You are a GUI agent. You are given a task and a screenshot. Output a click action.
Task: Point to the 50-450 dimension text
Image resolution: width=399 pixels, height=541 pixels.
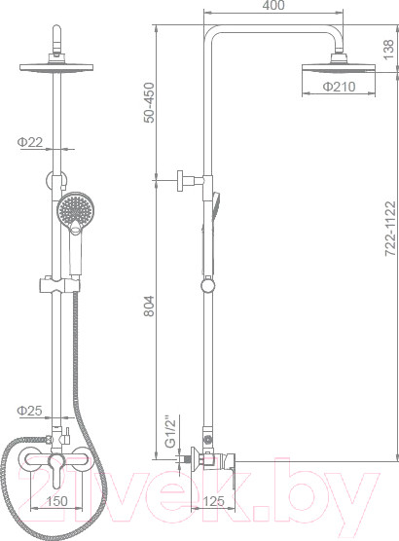click(x=149, y=100)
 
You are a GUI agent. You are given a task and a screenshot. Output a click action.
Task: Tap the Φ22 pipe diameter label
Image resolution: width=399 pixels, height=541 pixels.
click(x=28, y=143)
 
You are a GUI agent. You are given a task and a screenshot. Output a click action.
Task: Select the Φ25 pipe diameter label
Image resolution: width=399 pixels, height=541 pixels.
click(x=28, y=411)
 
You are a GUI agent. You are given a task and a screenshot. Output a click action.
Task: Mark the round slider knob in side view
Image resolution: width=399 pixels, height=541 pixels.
click(x=206, y=286)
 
